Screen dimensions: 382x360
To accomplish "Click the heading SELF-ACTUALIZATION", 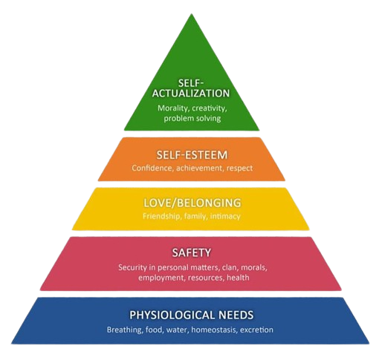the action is (x=191, y=88).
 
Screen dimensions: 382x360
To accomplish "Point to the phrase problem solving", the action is (x=192, y=118).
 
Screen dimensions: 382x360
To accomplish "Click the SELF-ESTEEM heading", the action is (x=192, y=155).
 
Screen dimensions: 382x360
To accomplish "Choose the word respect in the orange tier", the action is (x=239, y=168).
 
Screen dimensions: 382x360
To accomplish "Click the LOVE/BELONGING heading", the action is (x=192, y=203).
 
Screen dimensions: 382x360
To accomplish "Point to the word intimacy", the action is (x=225, y=216).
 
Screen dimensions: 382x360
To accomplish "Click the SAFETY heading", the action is (x=192, y=253).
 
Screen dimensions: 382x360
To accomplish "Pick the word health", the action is (x=238, y=278).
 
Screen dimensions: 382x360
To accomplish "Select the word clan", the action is (x=230, y=267).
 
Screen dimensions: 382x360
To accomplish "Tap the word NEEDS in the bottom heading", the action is (x=236, y=315).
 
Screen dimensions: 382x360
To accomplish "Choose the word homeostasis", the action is (x=215, y=330).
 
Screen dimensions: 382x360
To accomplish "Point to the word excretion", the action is (x=257, y=330).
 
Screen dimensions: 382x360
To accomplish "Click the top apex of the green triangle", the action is (x=191, y=14).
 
